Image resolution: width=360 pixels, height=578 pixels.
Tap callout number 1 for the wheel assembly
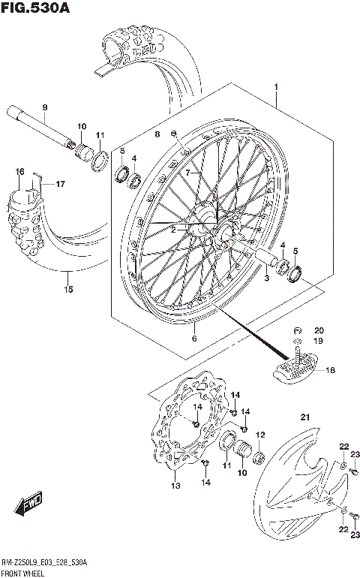pos(276,89)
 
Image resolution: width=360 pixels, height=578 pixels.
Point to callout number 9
pos(44,107)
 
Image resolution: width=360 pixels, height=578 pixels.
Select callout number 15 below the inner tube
pos(68,288)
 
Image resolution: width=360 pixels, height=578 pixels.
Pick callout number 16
pos(20,172)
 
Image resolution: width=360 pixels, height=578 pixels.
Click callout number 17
pos(61,183)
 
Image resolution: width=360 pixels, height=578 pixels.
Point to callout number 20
pos(319,331)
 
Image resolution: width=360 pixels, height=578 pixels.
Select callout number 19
pos(319,342)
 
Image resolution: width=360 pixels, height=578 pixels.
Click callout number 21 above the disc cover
pos(304,417)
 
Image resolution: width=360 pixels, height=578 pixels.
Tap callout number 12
pos(261,435)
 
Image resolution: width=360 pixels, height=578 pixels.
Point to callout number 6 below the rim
pos(195,339)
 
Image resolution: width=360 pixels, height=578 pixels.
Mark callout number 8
pos(157,134)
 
